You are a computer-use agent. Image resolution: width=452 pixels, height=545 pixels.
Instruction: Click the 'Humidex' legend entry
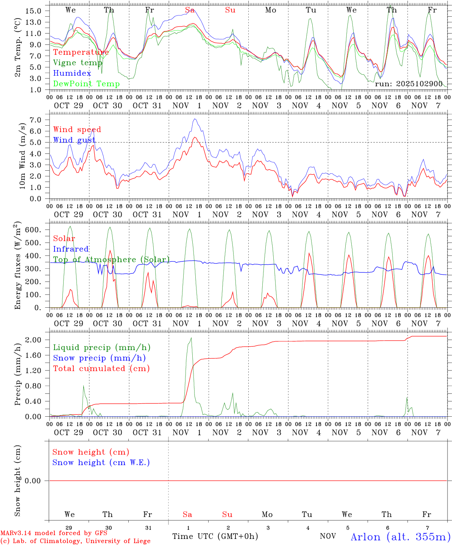pyautogui.click(x=72, y=73)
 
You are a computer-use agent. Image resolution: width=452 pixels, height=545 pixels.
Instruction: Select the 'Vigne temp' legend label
pyautogui.click(x=78, y=63)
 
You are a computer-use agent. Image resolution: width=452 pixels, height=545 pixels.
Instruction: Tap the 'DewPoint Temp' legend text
pyautogui.click(x=86, y=84)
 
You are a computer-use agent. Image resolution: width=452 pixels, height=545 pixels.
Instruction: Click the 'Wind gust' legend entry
pyautogui.click(x=74, y=140)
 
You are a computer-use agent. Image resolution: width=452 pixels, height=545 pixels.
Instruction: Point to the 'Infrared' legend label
pyautogui.click(x=71, y=249)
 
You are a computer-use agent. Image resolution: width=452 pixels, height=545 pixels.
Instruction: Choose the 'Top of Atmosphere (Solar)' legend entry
pyautogui.click(x=111, y=260)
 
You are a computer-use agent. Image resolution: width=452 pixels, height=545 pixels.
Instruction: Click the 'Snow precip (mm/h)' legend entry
pyautogui.click(x=100, y=358)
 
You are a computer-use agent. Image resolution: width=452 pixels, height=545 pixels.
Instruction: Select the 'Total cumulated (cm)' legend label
pyautogui.click(x=101, y=369)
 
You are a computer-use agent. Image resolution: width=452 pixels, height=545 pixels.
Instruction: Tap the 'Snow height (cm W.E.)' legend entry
pyautogui.click(x=101, y=462)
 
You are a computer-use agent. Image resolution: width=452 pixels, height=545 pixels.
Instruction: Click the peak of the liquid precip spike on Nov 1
pyautogui.click(x=191, y=338)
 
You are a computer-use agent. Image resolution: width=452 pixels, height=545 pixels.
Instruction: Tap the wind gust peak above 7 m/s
pyautogui.click(x=195, y=119)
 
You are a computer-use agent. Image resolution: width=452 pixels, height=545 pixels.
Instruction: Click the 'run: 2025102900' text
pyautogui.click(x=408, y=84)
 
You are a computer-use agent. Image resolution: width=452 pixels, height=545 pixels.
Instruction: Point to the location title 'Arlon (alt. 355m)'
pyautogui.click(x=401, y=537)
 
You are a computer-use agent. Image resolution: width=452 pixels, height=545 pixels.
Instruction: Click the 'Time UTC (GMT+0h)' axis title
pyautogui.click(x=215, y=536)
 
